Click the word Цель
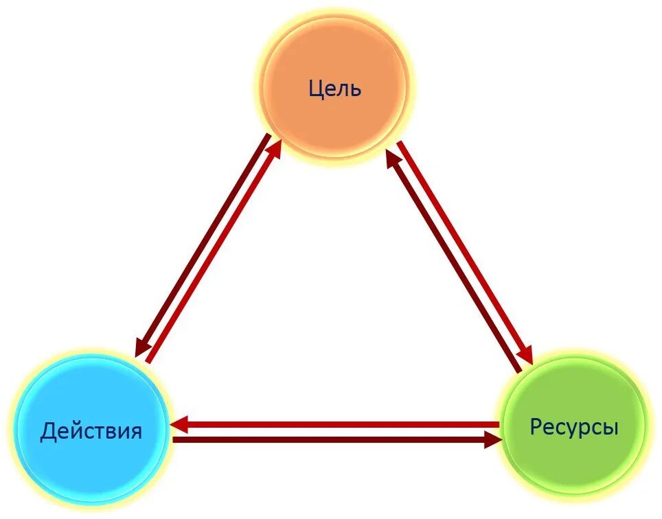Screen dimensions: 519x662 pos(334,89)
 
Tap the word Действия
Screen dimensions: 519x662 pos(91,432)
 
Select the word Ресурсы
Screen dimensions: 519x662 pos(574,428)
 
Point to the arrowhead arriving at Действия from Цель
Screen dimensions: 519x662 pos(142,347)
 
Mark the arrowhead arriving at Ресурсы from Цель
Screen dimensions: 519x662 pos(525,353)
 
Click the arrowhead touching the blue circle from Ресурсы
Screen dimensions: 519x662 pos(180,425)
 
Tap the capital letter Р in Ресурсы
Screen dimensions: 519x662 pos(536,428)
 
